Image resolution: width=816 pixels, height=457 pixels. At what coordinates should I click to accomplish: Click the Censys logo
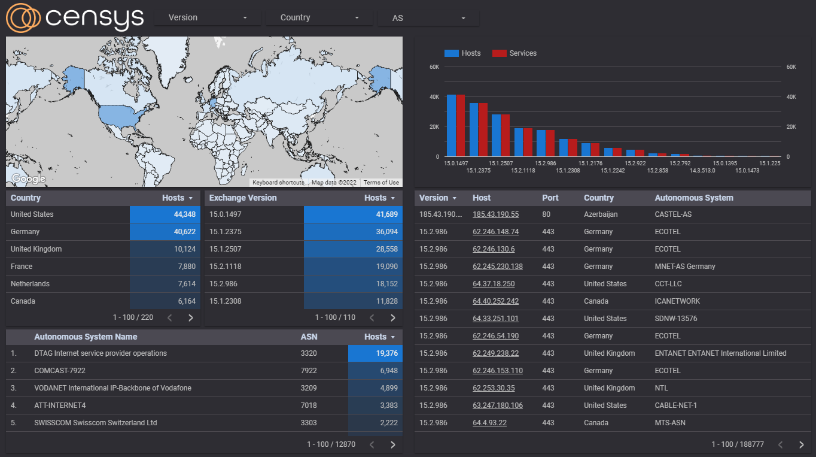click(x=75, y=17)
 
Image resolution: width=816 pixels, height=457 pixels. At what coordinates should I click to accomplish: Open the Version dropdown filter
click(x=207, y=17)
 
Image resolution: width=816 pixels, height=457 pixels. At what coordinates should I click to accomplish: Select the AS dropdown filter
click(x=428, y=18)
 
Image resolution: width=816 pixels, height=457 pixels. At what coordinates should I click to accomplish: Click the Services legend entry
click(x=514, y=53)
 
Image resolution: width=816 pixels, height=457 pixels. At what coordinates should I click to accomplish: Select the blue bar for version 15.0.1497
click(x=451, y=126)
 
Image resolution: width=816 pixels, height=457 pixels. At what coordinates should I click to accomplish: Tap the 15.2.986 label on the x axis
click(x=545, y=163)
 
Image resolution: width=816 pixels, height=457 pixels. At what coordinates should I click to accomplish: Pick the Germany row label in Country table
click(x=25, y=232)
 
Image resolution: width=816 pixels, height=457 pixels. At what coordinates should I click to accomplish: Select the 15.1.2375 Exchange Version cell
click(x=226, y=232)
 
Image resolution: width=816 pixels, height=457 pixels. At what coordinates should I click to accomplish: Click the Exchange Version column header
click(x=243, y=198)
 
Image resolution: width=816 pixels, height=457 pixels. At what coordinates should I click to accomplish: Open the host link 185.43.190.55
click(x=495, y=214)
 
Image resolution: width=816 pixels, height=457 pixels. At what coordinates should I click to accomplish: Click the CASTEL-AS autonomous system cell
click(x=673, y=214)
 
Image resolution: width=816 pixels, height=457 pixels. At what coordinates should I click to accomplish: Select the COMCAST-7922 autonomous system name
click(x=60, y=371)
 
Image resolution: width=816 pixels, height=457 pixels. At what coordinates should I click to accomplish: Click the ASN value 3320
click(x=309, y=353)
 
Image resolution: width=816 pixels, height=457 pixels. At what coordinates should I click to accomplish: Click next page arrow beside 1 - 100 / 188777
click(x=802, y=444)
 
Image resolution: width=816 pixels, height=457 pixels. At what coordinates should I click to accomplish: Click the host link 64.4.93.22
click(x=489, y=423)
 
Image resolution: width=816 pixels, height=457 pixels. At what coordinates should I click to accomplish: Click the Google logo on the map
click(x=28, y=178)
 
